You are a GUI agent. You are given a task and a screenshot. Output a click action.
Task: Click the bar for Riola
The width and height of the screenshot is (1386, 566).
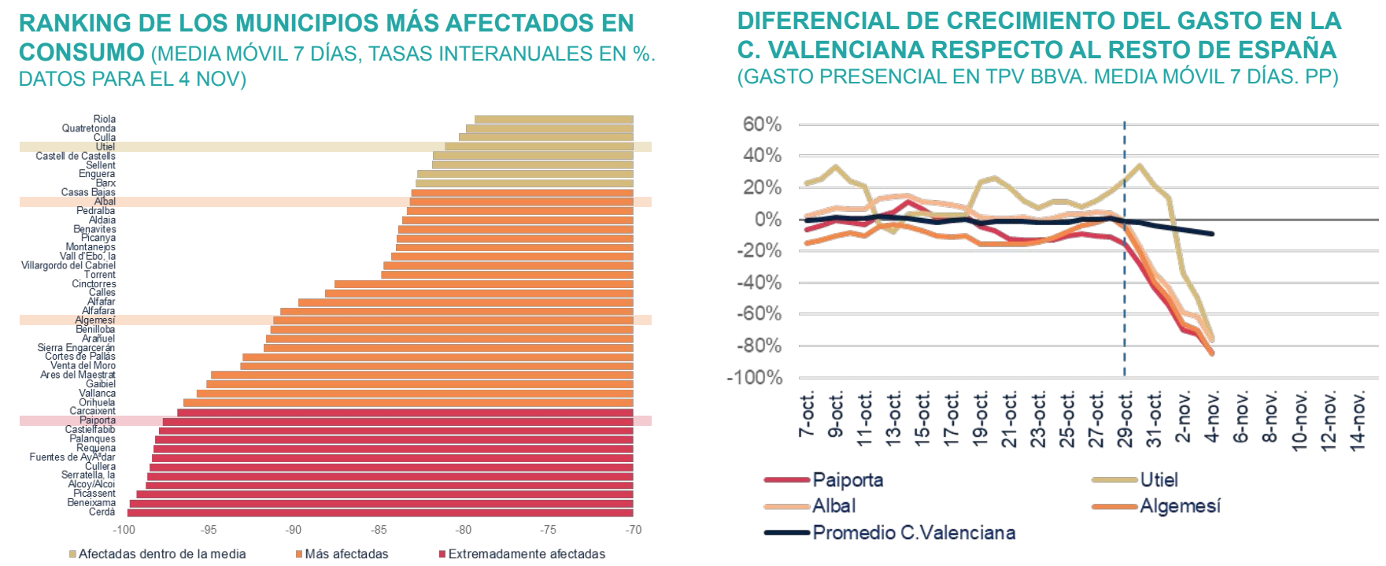click(x=553, y=120)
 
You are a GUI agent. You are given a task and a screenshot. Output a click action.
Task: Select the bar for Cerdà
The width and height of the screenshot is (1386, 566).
click(x=380, y=512)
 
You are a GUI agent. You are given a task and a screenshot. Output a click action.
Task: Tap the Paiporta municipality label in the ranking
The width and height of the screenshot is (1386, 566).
click(x=98, y=420)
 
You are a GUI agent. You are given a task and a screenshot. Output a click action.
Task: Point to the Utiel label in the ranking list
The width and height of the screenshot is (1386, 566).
click(x=105, y=147)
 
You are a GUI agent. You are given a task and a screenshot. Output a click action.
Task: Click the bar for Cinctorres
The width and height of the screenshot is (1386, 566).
click(x=483, y=284)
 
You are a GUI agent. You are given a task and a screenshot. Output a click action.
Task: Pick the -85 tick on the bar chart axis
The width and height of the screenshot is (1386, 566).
click(x=379, y=531)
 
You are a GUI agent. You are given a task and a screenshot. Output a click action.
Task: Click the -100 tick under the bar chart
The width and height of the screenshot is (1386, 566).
click(x=124, y=531)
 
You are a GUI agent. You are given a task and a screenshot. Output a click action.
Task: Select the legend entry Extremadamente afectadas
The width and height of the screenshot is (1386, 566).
click(x=526, y=554)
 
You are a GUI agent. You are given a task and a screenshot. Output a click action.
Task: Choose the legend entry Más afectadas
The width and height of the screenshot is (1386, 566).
click(x=346, y=554)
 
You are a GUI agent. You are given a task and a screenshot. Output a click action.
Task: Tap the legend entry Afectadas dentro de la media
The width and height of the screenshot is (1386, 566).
click(x=161, y=554)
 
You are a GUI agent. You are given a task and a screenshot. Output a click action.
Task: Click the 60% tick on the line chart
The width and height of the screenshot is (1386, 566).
click(x=762, y=124)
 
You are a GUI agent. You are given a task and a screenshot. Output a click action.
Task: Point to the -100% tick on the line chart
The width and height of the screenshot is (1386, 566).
click(x=755, y=378)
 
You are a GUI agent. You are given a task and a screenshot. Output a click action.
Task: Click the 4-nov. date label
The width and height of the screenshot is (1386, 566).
click(x=1213, y=417)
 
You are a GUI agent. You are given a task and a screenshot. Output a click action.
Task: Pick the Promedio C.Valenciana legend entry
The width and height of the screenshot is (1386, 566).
click(x=913, y=533)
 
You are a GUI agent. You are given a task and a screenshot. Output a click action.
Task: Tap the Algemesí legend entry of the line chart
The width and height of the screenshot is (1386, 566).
click(x=1179, y=506)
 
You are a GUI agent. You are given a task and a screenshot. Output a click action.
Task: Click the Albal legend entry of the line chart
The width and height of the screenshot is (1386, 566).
click(x=833, y=506)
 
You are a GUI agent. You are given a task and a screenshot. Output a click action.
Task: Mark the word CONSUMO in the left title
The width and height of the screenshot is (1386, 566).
click(x=82, y=53)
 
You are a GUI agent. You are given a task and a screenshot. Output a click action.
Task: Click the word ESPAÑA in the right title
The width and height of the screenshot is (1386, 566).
click(x=1287, y=50)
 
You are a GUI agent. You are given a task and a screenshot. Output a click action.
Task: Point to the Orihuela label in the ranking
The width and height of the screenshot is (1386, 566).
click(x=97, y=402)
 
